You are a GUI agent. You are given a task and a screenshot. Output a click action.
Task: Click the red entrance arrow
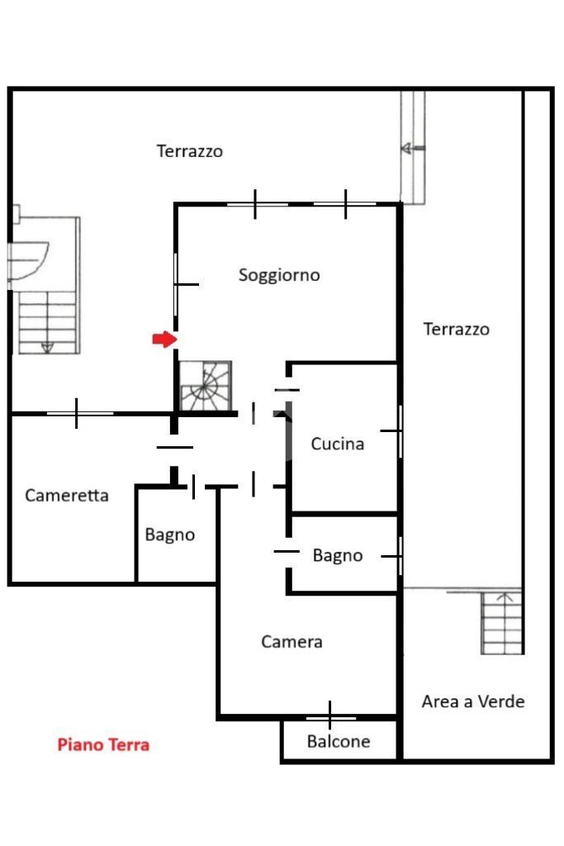point(164,340)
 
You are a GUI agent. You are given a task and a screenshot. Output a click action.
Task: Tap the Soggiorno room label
point(279,275)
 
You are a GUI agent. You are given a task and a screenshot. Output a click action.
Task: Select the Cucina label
point(338,444)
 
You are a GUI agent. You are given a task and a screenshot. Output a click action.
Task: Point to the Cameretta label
point(67,496)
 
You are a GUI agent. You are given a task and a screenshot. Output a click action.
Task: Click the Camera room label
point(291,641)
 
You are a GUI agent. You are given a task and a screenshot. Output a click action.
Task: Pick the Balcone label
point(339,741)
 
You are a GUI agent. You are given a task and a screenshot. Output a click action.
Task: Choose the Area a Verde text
point(473,701)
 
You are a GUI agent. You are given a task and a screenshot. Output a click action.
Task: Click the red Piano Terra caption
point(103,744)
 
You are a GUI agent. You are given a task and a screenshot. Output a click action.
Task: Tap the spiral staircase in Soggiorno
point(206,386)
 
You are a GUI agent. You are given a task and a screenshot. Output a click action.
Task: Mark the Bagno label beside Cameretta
point(170,535)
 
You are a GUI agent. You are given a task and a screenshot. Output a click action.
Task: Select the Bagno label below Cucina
point(338,555)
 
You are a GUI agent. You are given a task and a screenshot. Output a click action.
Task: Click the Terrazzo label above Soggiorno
point(190,151)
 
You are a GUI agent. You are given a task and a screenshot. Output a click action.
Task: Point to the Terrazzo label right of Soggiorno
point(456,329)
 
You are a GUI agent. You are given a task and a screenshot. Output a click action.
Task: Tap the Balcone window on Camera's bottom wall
point(330,718)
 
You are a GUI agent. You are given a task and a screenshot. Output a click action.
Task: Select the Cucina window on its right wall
point(400,431)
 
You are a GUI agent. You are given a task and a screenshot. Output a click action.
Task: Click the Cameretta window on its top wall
point(77,413)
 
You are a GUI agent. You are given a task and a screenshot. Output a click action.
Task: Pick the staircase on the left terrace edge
point(47,323)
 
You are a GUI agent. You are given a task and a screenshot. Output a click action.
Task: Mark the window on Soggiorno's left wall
point(177,284)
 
